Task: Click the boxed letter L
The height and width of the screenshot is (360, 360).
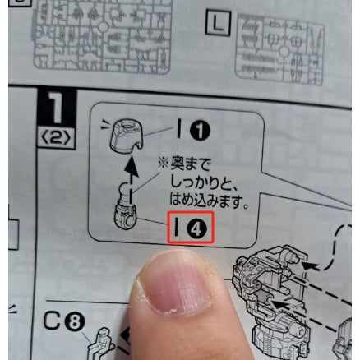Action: tap(218, 23)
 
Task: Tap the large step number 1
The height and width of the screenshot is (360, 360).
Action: tap(57, 108)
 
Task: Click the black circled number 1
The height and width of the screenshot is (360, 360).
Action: tap(201, 131)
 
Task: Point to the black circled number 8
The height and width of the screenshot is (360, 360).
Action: tap(75, 322)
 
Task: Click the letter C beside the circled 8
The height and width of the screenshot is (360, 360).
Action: tap(53, 321)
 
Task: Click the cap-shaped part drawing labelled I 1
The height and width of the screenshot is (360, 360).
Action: tap(125, 136)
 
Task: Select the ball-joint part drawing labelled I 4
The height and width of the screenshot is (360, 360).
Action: tap(125, 208)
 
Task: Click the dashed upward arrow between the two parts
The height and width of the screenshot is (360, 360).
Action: tap(132, 179)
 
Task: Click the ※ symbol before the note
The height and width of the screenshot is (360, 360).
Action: tap(164, 164)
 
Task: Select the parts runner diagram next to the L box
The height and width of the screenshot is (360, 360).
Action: tap(279, 48)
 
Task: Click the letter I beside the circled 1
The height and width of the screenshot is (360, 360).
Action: tap(179, 128)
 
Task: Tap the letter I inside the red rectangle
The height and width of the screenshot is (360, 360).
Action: tap(177, 227)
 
